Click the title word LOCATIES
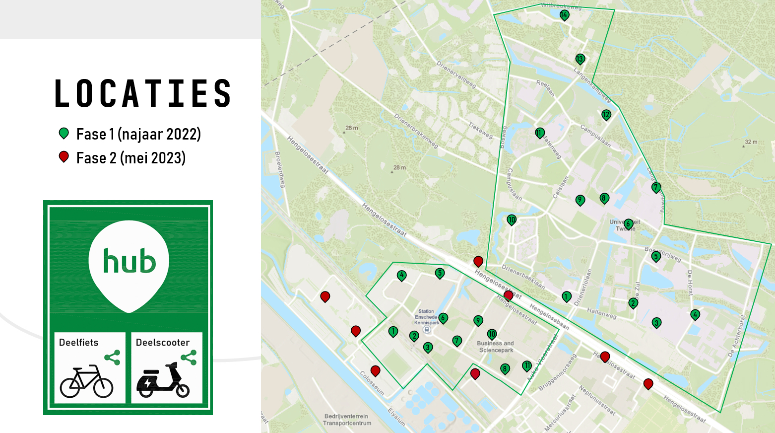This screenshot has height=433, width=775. (x=143, y=93)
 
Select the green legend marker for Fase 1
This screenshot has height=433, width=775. (x=64, y=133)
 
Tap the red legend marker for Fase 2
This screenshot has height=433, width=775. (x=64, y=157)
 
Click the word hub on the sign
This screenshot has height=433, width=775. (x=129, y=261)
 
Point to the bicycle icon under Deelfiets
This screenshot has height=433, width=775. (x=86, y=381)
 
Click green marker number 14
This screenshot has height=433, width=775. (x=564, y=15)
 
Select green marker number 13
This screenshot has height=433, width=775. (x=580, y=59)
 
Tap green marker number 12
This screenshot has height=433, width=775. (x=606, y=115)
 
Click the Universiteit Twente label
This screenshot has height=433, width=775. (x=625, y=225)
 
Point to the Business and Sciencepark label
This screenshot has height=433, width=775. (x=495, y=347)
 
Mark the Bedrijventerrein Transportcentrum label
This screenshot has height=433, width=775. (x=347, y=420)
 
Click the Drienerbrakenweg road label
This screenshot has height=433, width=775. (x=416, y=131)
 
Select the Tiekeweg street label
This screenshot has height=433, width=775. (x=480, y=130)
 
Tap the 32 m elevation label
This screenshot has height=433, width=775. (x=751, y=142)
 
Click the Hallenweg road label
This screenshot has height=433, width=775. (x=601, y=313)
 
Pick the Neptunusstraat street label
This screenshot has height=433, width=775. (x=597, y=400)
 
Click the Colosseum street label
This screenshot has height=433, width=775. (x=372, y=383)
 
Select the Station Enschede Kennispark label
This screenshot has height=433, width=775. (x=426, y=317)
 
